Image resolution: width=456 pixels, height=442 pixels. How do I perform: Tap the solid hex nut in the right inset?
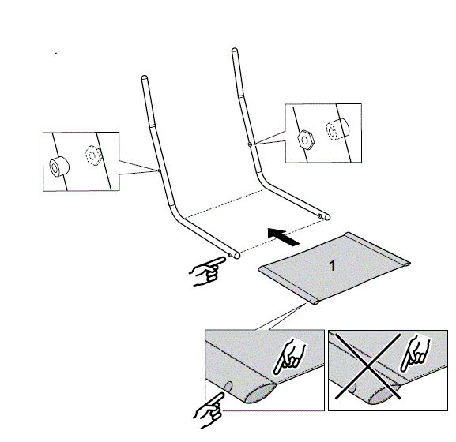click(x=307, y=137)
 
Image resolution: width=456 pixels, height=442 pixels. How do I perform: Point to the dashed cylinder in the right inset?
click(x=337, y=129)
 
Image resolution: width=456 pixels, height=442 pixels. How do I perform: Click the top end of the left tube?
click(x=144, y=77)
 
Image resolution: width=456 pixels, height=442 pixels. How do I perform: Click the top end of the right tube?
click(x=234, y=52)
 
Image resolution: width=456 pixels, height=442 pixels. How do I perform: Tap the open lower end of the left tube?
click(x=236, y=255)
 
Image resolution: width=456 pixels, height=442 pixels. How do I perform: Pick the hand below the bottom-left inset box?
click(x=210, y=411)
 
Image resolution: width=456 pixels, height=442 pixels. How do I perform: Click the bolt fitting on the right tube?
click(x=249, y=144)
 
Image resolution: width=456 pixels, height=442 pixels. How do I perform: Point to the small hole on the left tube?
click(x=160, y=170)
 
